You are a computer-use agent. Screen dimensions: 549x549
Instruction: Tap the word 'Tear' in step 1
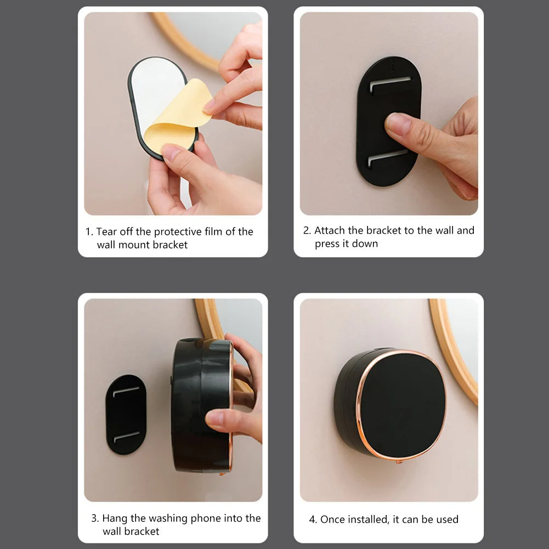point(107,231)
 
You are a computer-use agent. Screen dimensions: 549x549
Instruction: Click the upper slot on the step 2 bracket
point(390,84)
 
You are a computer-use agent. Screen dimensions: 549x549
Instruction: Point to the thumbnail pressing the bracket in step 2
point(399,124)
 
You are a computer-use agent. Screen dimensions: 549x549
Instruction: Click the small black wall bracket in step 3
point(126,414)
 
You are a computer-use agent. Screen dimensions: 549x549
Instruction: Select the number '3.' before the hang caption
point(95,518)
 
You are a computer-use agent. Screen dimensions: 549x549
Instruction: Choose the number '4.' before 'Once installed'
point(313,519)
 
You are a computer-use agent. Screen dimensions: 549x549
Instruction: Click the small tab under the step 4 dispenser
point(399,462)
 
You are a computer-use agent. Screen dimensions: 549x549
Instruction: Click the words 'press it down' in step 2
point(346,244)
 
